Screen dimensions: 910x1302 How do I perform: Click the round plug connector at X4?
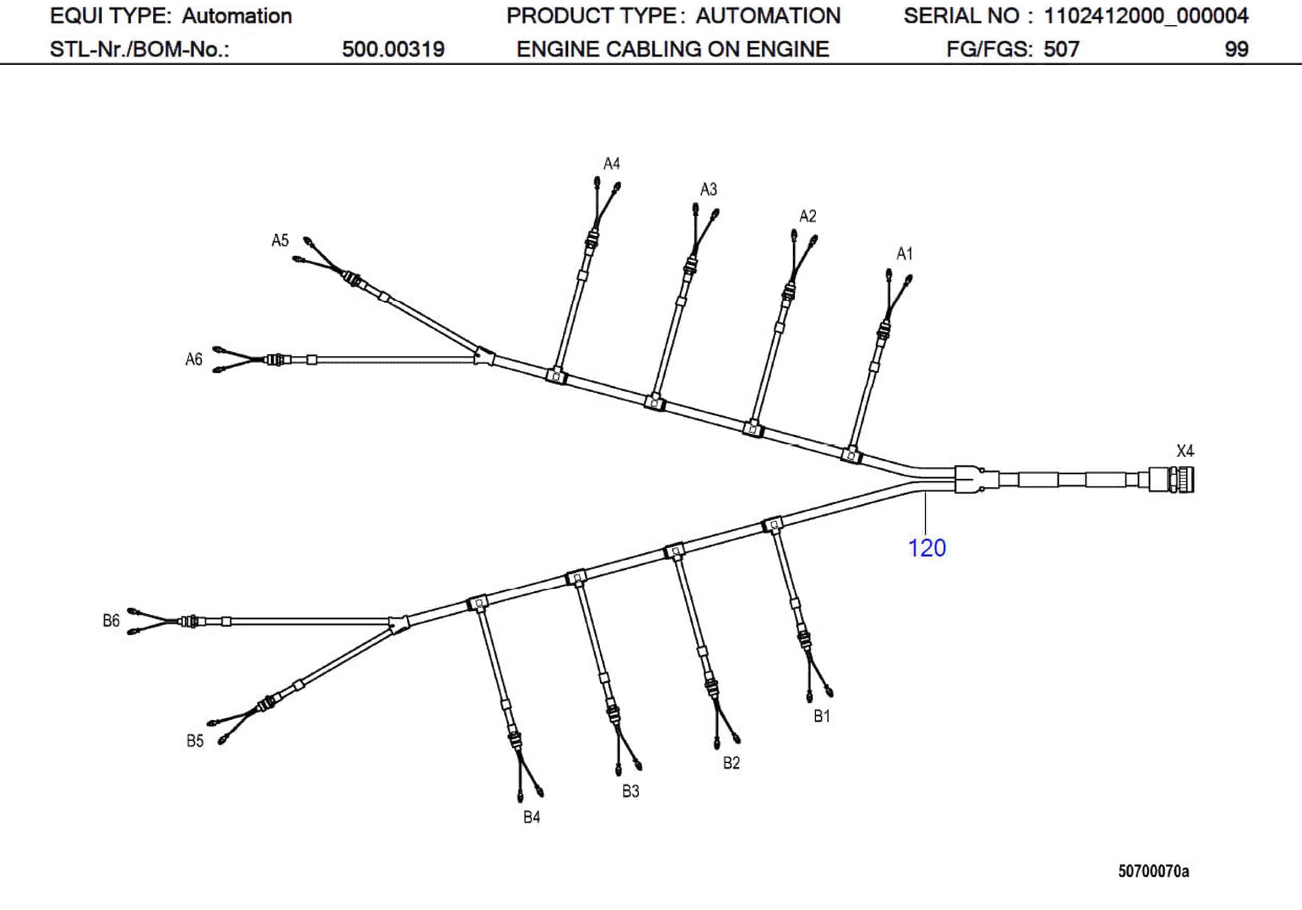[1172, 480]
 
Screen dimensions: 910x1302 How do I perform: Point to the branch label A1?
[904, 253]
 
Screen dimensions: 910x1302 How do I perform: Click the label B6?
[111, 620]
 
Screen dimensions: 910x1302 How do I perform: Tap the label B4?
[531, 817]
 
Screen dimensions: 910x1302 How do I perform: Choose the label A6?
[194, 359]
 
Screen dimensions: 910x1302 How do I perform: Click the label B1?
[822, 716]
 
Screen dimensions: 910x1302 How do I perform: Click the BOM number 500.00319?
[393, 49]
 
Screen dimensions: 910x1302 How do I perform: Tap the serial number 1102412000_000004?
[1146, 16]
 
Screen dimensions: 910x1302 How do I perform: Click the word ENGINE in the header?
[559, 49]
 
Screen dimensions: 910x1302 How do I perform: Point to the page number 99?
[1236, 49]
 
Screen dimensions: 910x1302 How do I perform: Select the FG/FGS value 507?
[1061, 49]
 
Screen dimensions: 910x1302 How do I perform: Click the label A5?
[280, 241]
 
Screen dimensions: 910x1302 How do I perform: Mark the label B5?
[195, 740]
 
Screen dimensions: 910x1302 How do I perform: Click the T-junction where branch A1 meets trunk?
[850, 455]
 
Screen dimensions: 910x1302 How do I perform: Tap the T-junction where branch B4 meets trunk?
[478, 603]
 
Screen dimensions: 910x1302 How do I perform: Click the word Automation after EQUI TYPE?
[237, 16]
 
